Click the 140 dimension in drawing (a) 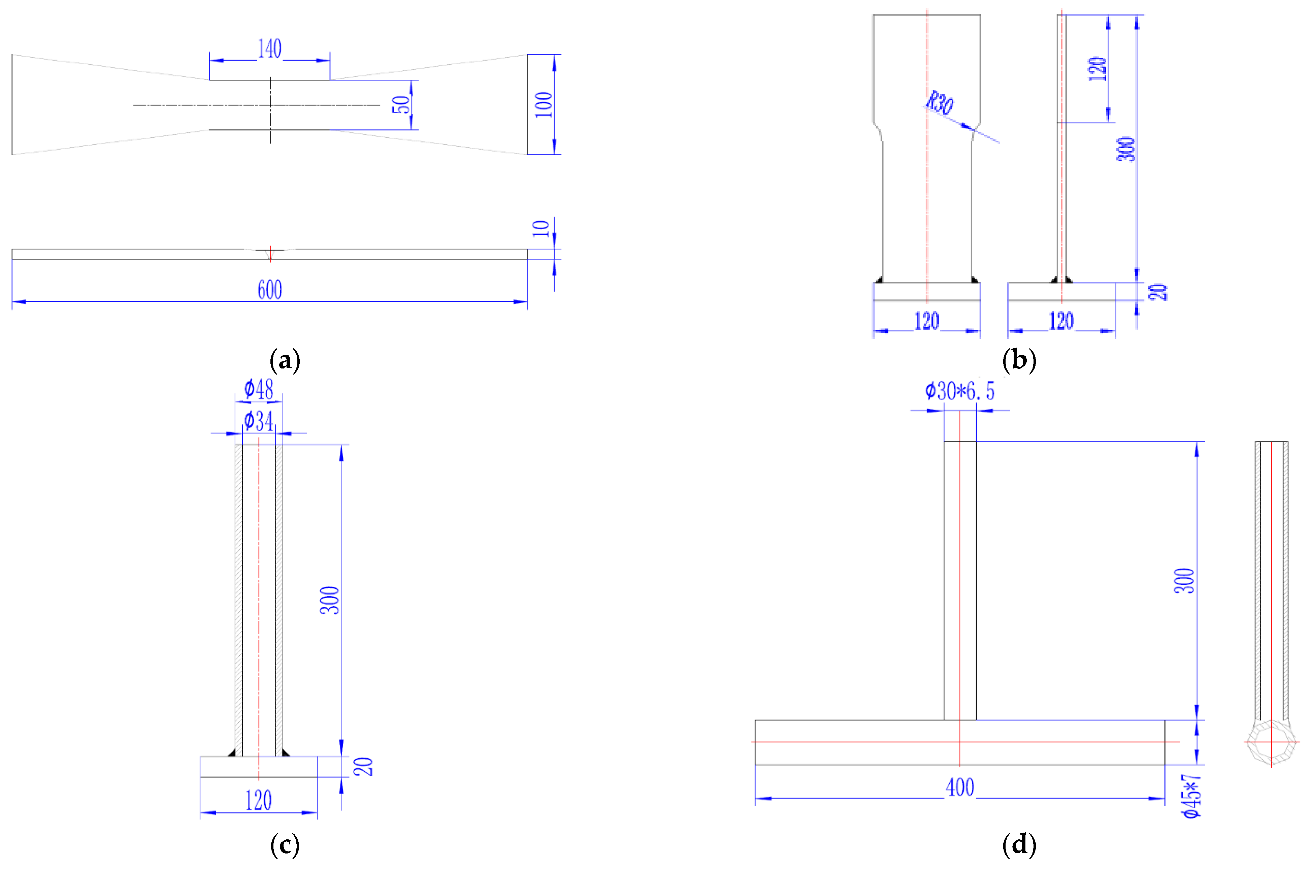pyautogui.click(x=269, y=49)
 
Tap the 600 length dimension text pyautogui.click(x=269, y=290)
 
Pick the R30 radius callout pyautogui.click(x=940, y=103)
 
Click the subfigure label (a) pyautogui.click(x=285, y=361)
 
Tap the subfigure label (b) pyautogui.click(x=1018, y=361)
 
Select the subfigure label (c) pyautogui.click(x=285, y=845)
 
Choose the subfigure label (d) pyautogui.click(x=1018, y=845)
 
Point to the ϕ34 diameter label pyautogui.click(x=259, y=421)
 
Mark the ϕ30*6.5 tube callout pyautogui.click(x=960, y=391)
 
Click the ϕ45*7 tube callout pyautogui.click(x=1191, y=796)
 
